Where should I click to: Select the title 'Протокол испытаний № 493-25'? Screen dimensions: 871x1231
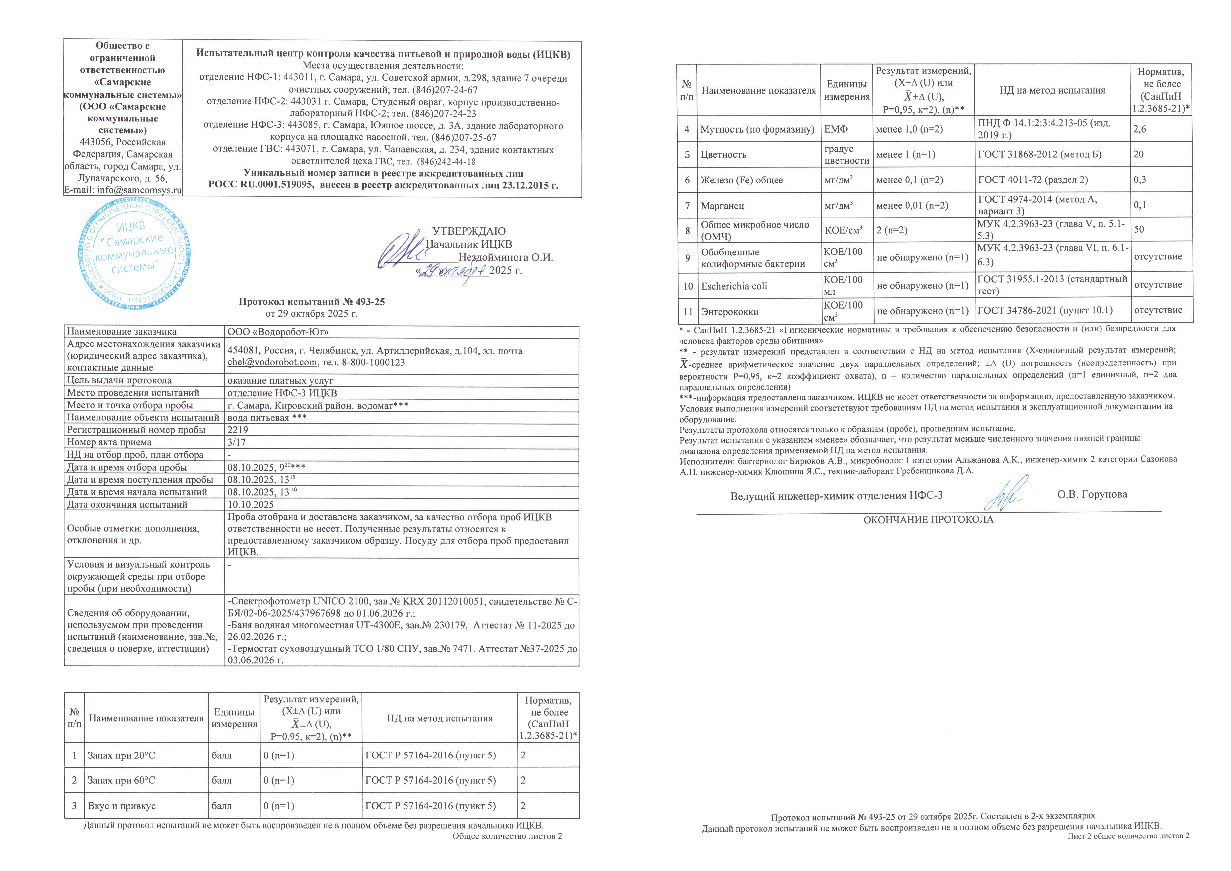(312, 302)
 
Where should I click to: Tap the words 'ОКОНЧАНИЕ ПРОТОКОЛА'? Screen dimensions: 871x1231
(928, 519)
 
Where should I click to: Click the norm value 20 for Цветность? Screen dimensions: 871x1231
(1138, 154)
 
